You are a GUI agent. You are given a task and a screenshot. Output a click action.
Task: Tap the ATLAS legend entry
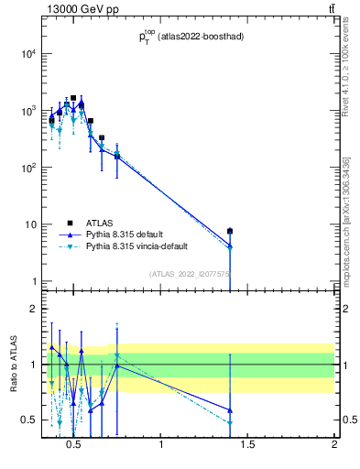[102, 222]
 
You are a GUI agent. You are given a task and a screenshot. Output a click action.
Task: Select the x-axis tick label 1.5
[247, 446]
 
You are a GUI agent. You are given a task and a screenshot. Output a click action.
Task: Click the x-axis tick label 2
[334, 446]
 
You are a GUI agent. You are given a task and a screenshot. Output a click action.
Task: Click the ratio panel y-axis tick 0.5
[27, 420]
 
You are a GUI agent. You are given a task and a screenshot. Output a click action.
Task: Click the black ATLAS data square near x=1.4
[230, 231]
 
